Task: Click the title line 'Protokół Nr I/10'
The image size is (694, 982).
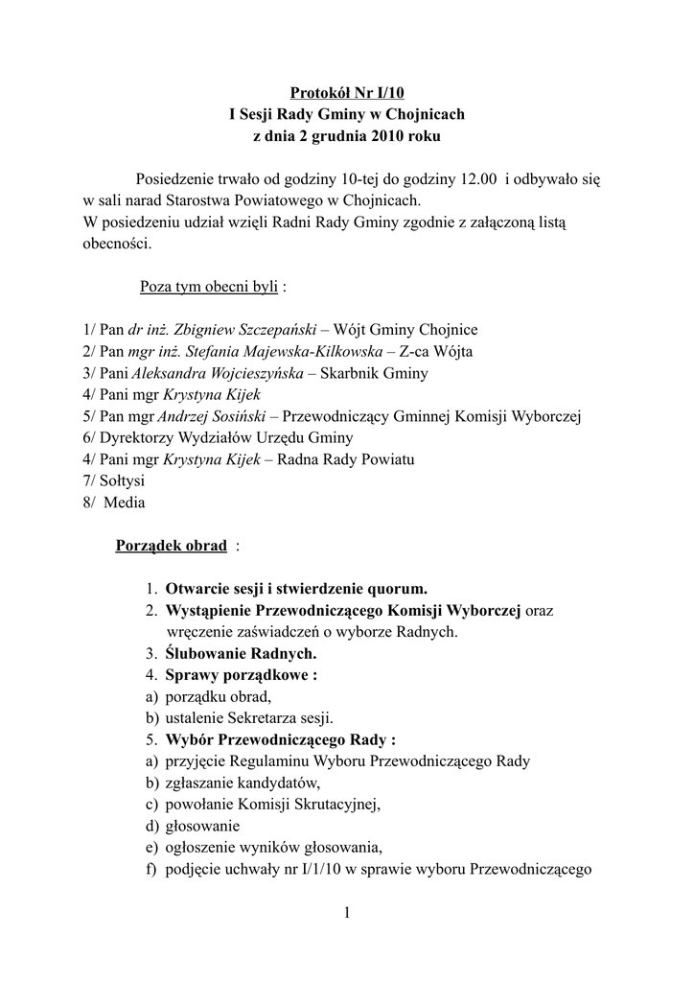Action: [x=346, y=93]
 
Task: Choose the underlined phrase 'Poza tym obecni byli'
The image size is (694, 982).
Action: [x=209, y=287]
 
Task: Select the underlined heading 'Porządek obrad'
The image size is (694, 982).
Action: [x=171, y=546]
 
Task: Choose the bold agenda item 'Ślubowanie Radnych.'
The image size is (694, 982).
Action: [x=241, y=654]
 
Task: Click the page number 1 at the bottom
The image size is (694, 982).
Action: [x=347, y=913]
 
